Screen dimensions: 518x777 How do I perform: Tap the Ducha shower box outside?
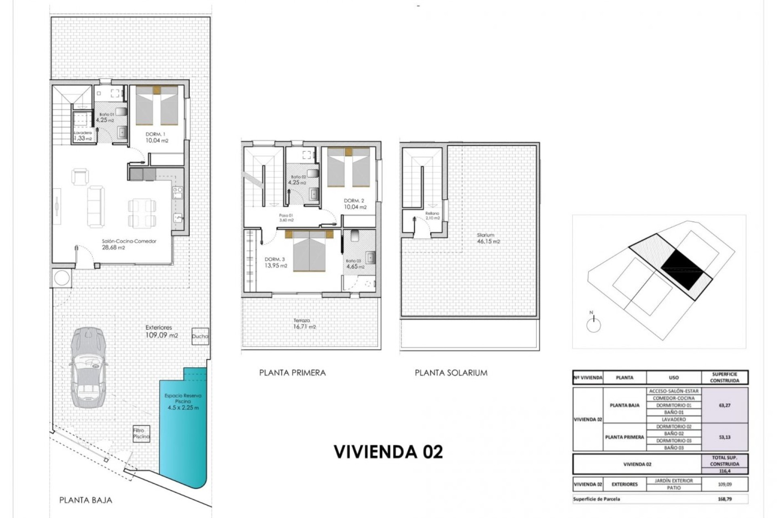[200, 336]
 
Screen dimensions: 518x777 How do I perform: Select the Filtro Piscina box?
[141, 433]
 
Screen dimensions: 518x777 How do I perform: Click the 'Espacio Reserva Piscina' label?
[183, 401]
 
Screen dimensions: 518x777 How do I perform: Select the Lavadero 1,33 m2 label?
[83, 136]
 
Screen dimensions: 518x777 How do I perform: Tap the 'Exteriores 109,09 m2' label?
[161, 331]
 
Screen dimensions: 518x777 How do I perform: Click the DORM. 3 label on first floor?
[276, 262]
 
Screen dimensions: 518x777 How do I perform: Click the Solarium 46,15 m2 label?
[488, 238]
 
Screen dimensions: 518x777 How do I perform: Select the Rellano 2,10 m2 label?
[432, 216]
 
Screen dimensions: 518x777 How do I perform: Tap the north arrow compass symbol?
[593, 324]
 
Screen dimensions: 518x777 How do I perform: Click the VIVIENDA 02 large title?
[388, 452]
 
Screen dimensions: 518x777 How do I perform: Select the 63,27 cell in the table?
[724, 405]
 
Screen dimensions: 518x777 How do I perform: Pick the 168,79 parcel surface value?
[724, 499]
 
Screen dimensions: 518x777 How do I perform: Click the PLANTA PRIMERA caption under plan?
[292, 373]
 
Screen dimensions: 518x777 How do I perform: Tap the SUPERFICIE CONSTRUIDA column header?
[724, 377]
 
